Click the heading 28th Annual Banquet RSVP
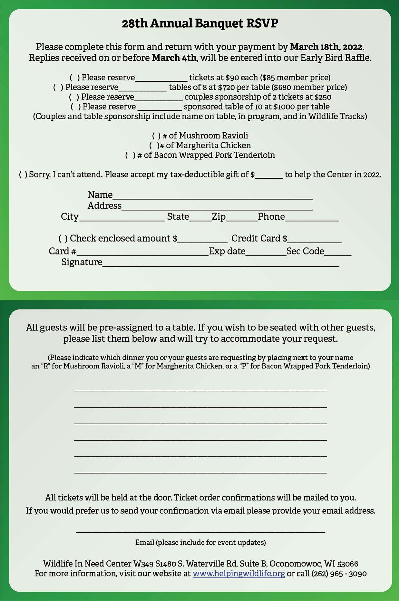(200, 24)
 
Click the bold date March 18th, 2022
(326, 47)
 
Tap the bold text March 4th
(174, 58)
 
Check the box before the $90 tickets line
(75, 78)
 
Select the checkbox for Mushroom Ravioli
(156, 136)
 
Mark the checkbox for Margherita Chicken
(154, 146)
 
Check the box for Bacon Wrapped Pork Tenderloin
(131, 155)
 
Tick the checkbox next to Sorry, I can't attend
(23, 175)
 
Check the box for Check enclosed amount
(63, 239)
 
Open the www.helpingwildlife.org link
(238, 574)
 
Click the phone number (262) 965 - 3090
(339, 574)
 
